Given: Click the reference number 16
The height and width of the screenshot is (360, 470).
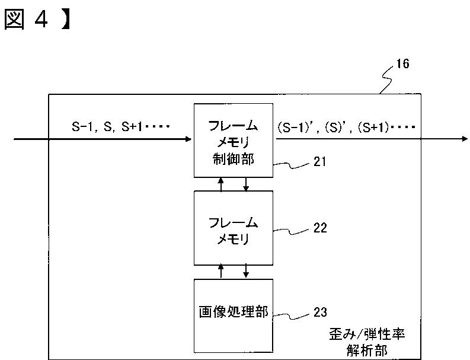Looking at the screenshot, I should [x=403, y=64].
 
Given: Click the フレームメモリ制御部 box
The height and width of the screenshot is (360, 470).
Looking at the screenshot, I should [x=234, y=140].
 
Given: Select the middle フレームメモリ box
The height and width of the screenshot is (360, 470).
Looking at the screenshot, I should [x=234, y=228].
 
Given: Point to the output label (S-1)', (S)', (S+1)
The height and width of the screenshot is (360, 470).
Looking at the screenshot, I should [x=347, y=126].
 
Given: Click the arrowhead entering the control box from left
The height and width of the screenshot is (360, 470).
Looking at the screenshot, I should [x=189, y=139].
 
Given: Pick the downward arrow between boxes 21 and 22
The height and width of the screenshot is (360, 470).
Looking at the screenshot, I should [x=247, y=185].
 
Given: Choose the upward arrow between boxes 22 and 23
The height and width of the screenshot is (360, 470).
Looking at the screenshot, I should [x=221, y=270].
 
